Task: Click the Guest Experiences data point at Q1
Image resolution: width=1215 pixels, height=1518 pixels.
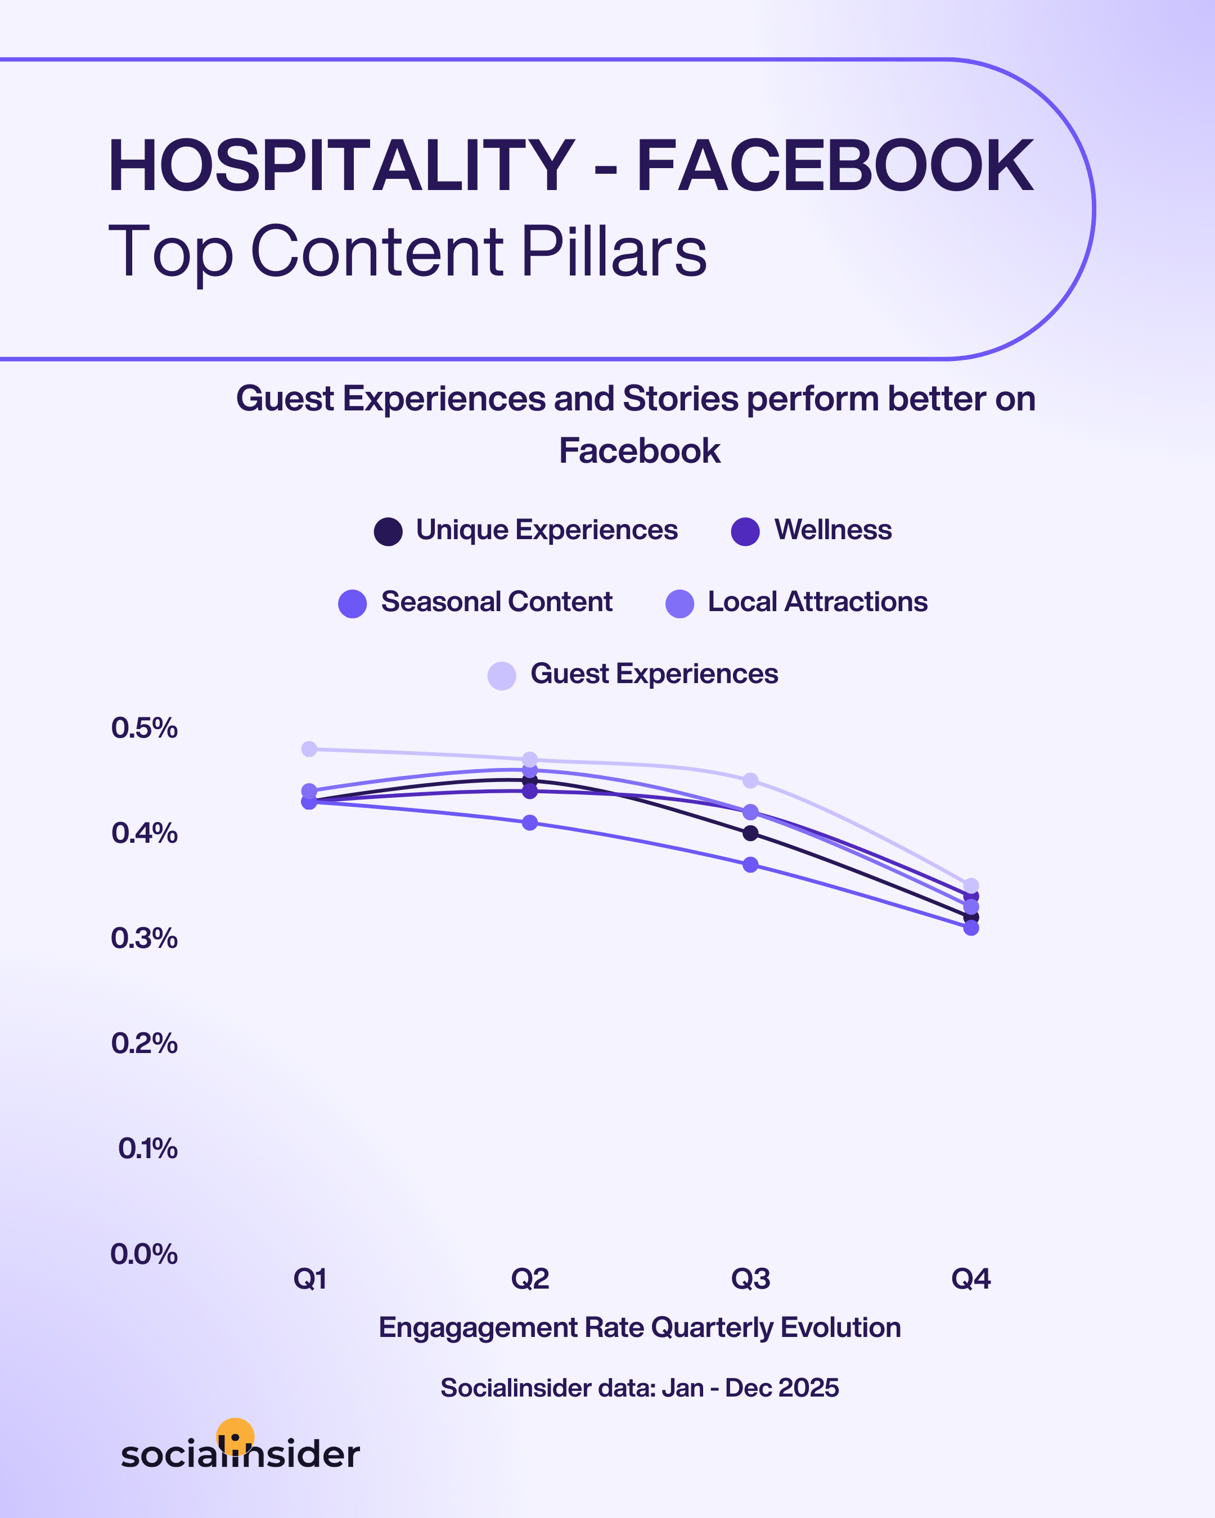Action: coord(309,748)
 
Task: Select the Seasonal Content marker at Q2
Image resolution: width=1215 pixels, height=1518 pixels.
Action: coord(530,823)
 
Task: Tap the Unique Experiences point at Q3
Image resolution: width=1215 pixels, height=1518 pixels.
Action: coord(751,833)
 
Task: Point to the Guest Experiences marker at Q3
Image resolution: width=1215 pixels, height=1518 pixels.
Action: coord(751,780)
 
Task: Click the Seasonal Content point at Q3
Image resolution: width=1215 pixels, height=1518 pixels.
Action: coord(751,865)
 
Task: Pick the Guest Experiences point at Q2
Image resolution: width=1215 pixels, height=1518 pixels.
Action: coord(530,760)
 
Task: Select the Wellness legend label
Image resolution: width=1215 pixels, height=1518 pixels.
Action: coord(832,530)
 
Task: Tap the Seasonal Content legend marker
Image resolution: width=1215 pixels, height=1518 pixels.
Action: coord(352,603)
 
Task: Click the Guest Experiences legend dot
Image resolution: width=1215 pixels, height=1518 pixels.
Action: coord(502,675)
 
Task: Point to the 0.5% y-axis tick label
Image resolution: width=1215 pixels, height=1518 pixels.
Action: coord(145,728)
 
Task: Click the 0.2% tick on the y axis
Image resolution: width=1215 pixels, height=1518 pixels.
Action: coord(145,1043)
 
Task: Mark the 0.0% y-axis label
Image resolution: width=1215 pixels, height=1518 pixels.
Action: coord(145,1254)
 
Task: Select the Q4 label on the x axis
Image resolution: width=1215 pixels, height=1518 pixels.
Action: coord(970,1278)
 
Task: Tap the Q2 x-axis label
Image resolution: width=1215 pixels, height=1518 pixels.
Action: coord(530,1278)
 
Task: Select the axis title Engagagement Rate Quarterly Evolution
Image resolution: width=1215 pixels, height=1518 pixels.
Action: coord(640,1328)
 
